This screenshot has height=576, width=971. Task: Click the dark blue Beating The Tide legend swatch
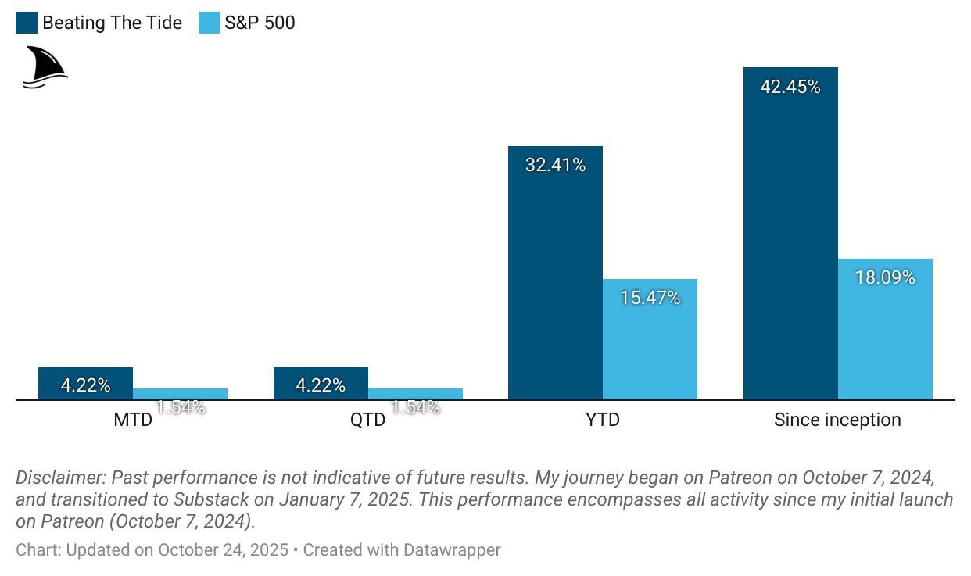pyautogui.click(x=27, y=23)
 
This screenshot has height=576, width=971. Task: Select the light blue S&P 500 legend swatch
pyautogui.click(x=210, y=23)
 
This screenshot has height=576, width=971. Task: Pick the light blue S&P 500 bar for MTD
pyautogui.click(x=180, y=394)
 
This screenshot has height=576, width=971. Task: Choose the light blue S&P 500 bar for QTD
pyautogui.click(x=415, y=394)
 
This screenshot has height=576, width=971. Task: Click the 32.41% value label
pyautogui.click(x=555, y=166)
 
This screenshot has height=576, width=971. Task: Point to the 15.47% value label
pyautogui.click(x=650, y=298)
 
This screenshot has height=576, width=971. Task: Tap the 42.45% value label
pyautogui.click(x=790, y=87)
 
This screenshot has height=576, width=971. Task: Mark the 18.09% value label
pyautogui.click(x=885, y=277)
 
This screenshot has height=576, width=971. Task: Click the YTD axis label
pyautogui.click(x=602, y=420)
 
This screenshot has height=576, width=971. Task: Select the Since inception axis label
pyautogui.click(x=837, y=420)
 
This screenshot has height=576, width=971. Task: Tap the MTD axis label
pyautogui.click(x=133, y=420)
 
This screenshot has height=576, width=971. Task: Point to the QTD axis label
pyautogui.click(x=368, y=420)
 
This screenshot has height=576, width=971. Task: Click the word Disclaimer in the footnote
pyautogui.click(x=60, y=478)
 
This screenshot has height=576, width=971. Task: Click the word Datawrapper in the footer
pyautogui.click(x=452, y=550)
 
